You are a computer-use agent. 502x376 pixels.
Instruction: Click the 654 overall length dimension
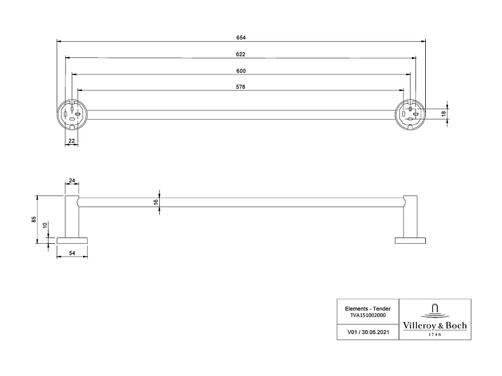241,38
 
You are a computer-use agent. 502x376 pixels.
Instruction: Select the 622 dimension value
241,54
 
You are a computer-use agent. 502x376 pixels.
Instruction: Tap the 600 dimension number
241,71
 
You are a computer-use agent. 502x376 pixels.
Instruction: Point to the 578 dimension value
241,87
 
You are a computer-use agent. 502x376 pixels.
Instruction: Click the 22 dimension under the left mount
72,140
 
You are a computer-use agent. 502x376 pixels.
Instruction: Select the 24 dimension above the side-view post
72,181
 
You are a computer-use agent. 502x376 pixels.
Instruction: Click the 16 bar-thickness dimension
155,202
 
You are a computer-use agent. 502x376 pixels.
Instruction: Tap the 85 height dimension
34,219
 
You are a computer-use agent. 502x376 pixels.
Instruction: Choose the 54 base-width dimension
72,252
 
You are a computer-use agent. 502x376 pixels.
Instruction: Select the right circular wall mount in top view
410,113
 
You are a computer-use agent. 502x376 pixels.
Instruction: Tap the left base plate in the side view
72,239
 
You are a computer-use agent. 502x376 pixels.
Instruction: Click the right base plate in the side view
410,239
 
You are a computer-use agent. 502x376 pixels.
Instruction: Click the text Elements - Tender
367,308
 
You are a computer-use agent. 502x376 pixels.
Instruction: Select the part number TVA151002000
367,315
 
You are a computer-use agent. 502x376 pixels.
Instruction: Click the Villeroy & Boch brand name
435,325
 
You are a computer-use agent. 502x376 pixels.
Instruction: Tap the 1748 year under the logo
435,334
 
